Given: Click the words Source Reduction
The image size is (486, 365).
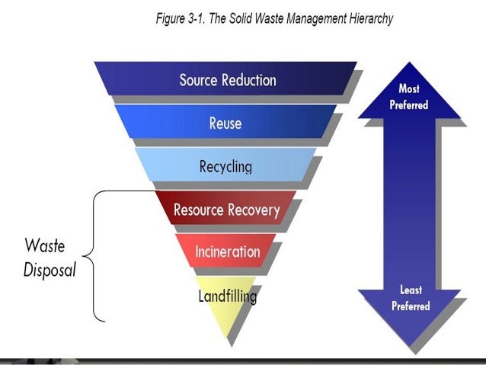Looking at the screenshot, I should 228,79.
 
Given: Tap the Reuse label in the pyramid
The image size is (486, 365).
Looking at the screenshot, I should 225,123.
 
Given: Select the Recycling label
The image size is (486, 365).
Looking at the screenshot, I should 225,166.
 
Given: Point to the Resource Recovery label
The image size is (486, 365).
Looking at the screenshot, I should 226,210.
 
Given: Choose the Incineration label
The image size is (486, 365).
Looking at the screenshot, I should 227,251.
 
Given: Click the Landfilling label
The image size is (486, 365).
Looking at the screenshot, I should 227,296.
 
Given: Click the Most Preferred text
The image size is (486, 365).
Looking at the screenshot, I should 409,97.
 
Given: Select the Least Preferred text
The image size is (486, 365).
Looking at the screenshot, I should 411,298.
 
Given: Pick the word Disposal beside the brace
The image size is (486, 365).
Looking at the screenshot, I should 50,271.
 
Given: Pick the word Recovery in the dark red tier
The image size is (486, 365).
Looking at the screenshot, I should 254,210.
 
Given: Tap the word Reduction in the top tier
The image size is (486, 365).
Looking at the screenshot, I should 251,79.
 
